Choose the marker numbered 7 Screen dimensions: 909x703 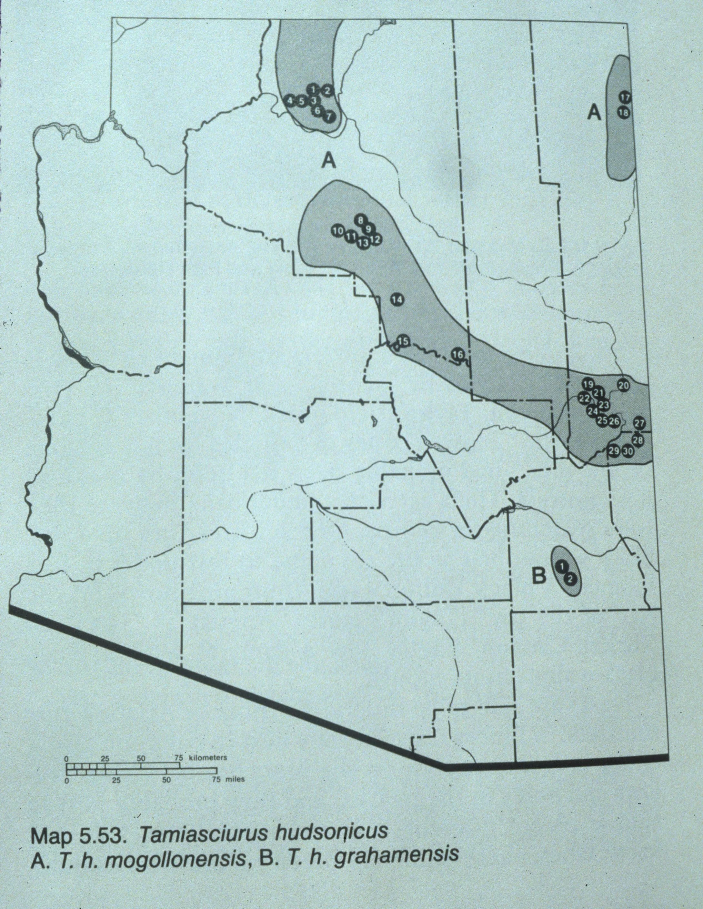(x=328, y=117)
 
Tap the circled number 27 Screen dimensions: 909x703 (x=639, y=424)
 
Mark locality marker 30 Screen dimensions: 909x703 (x=628, y=451)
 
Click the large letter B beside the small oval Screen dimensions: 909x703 (x=538, y=576)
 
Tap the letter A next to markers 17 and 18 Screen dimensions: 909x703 (x=594, y=112)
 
